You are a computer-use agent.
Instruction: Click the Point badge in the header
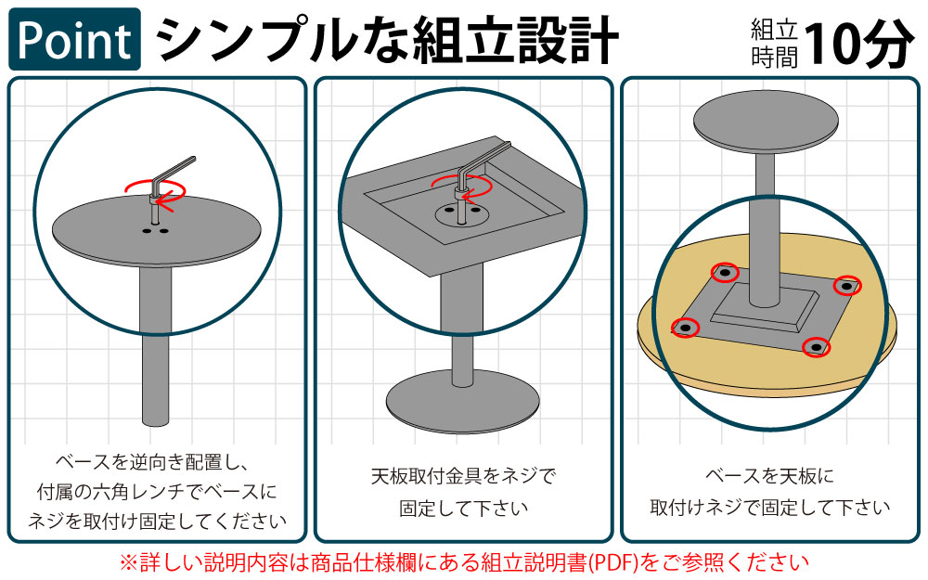(74, 39)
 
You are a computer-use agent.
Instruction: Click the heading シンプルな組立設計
(386, 39)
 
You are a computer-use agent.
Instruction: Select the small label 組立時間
(774, 44)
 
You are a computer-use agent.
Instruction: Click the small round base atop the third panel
(763, 123)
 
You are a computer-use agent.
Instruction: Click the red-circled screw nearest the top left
(725, 273)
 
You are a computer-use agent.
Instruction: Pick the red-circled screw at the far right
(846, 286)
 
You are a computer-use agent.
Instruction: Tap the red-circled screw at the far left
(685, 328)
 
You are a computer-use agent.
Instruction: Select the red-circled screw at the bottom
(816, 347)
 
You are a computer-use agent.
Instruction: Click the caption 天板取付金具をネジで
(463, 477)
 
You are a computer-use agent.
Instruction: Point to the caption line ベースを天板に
(769, 477)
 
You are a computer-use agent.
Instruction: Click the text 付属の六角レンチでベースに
(154, 491)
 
